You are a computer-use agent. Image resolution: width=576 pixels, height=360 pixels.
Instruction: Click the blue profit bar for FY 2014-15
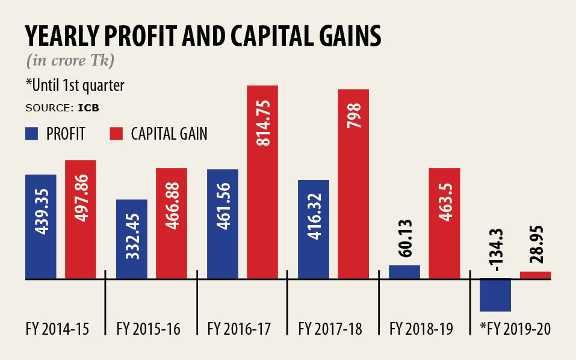click(40, 227)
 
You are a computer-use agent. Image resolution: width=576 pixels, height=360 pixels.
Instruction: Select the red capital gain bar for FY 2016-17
click(262, 182)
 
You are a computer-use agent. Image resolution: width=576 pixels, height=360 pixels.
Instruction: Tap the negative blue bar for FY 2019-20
click(495, 295)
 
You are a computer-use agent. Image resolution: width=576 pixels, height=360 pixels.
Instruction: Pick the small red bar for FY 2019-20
click(535, 276)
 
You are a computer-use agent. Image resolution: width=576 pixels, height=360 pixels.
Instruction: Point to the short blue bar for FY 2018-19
click(404, 272)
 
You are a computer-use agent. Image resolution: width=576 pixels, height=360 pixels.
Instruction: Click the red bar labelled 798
click(353, 184)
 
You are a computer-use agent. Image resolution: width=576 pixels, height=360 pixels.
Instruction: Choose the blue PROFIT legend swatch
click(32, 134)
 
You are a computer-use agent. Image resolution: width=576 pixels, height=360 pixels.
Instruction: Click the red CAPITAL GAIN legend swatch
click(117, 134)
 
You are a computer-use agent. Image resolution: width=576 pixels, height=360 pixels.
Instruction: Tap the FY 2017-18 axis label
click(330, 329)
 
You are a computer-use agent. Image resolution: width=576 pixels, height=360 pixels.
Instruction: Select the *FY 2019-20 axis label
click(515, 329)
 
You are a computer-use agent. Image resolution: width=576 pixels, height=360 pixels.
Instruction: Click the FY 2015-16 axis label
click(148, 329)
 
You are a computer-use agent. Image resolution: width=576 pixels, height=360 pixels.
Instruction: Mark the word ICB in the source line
click(88, 109)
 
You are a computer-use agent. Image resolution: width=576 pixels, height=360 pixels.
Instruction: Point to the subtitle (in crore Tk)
click(71, 61)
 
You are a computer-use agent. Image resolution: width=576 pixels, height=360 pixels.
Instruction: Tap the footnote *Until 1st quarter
click(75, 85)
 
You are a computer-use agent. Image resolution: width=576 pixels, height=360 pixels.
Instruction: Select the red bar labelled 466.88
click(172, 223)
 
